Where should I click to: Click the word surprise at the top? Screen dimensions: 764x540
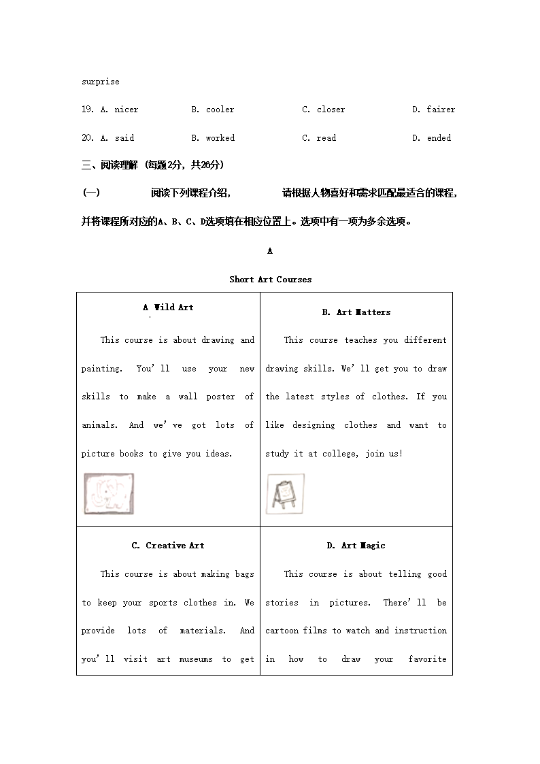[100, 82]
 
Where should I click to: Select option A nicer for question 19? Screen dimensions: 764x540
[120, 110]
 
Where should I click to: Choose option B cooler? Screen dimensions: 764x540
[213, 110]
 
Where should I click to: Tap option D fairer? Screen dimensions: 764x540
[434, 110]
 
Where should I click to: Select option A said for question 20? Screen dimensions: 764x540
[118, 138]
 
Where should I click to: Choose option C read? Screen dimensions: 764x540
[319, 138]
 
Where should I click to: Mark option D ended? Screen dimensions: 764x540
[432, 138]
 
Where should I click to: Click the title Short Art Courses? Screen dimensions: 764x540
[270, 280]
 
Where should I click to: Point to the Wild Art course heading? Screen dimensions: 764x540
[169, 308]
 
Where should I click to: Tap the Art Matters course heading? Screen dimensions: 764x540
[356, 312]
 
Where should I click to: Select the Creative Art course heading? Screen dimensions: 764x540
[168, 546]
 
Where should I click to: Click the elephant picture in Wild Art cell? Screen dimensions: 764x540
[109, 493]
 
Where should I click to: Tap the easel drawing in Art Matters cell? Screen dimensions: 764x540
[284, 493]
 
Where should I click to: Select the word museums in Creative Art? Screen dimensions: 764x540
[196, 659]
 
